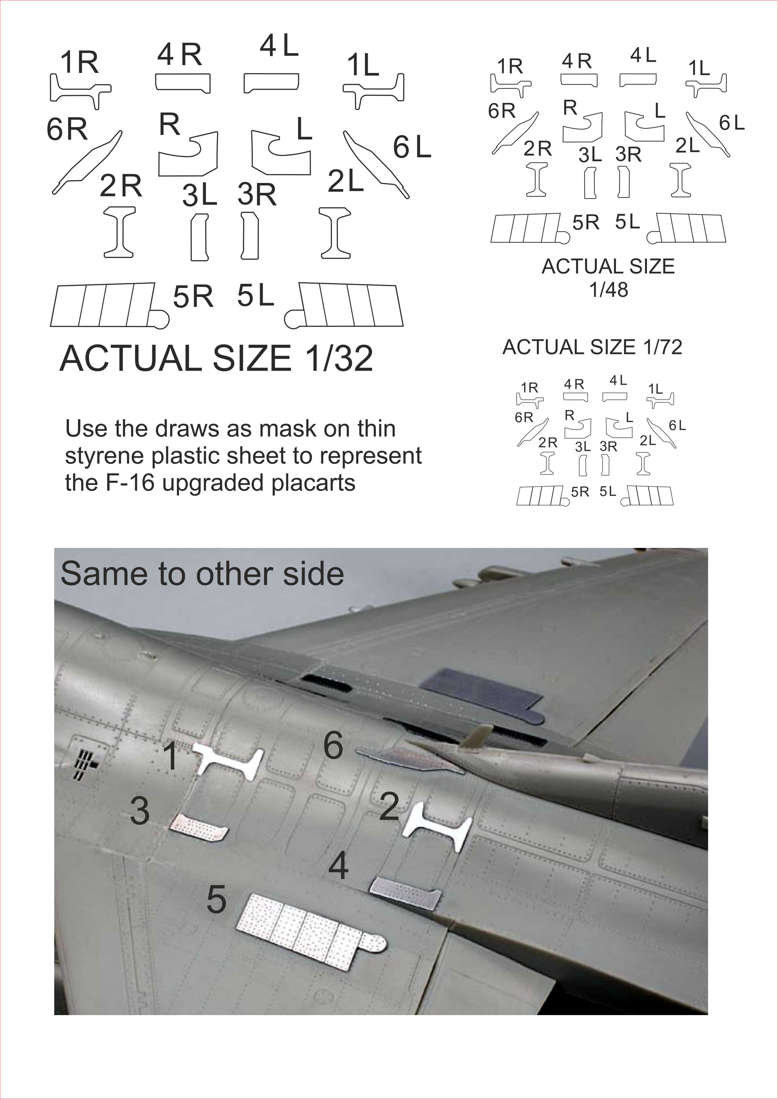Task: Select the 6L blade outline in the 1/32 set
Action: point(376,164)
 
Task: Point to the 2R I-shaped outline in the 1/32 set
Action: point(120,232)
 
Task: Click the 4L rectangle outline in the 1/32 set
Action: point(271,83)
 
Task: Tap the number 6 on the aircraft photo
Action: point(334,745)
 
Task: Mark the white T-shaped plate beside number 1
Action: point(228,761)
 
